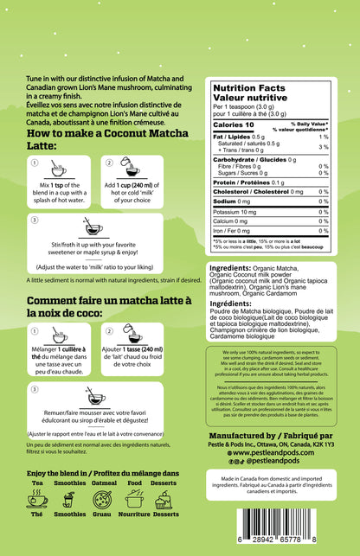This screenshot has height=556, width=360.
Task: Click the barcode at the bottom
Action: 269,524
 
